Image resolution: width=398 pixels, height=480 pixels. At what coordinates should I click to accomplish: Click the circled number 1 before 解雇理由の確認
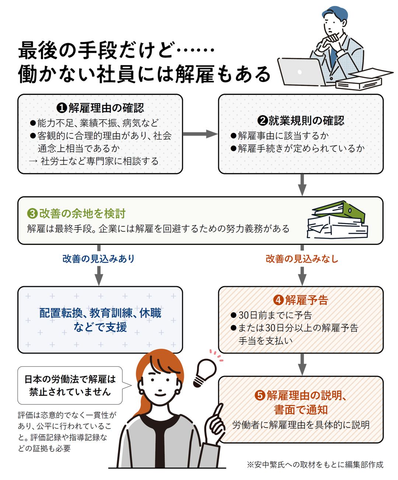(62, 108)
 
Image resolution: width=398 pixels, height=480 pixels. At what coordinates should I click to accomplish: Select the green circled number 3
(32, 214)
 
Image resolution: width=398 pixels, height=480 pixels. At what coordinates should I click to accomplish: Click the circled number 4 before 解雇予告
(279, 300)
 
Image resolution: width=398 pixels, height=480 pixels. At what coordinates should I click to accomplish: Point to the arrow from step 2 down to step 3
(302, 185)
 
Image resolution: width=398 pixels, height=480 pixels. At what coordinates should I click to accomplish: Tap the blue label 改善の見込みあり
(99, 259)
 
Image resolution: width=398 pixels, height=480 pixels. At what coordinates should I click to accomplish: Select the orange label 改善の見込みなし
(302, 259)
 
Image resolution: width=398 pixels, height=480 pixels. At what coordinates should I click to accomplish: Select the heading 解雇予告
(307, 300)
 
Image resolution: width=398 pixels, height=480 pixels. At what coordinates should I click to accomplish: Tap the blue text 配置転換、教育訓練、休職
(100, 313)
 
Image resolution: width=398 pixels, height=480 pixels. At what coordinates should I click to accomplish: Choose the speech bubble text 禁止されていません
(70, 392)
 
